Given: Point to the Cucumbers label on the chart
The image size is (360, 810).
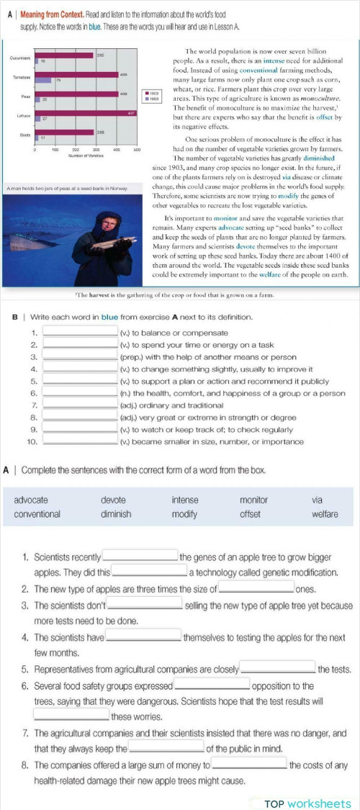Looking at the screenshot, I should coord(19,58).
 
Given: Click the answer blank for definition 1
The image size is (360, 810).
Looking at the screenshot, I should coord(81,333).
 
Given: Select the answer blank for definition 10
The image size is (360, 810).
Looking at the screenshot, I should coord(81,441).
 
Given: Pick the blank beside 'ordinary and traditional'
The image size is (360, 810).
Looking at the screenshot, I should coord(81,405).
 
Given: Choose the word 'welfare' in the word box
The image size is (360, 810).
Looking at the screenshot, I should coord(325,514).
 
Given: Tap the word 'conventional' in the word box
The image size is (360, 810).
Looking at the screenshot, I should coord(37,514).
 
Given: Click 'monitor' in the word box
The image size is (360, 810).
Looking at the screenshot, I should coord(253,500).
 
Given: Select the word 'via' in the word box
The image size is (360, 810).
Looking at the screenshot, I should coord(317,500).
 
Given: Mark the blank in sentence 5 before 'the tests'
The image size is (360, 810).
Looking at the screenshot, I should coord(277,669).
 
